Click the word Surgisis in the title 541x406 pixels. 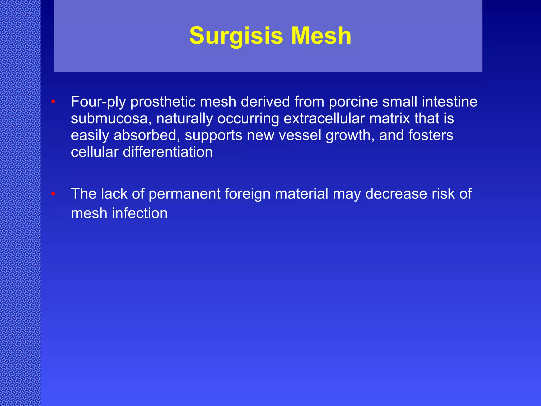(236, 36)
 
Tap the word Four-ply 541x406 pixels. (98, 102)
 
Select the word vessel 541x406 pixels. (300, 135)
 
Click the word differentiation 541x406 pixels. (168, 152)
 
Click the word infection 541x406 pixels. (140, 213)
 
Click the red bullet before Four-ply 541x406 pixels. (53, 102)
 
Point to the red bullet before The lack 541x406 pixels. (53, 194)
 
